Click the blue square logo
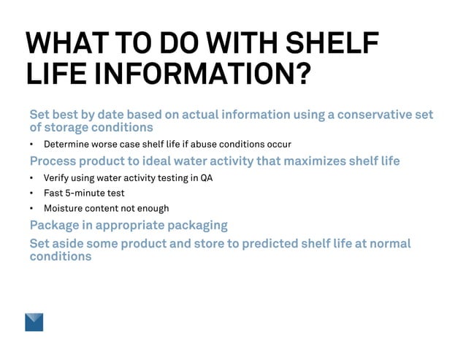[34, 322]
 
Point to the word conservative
[368, 115]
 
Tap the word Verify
[57, 177]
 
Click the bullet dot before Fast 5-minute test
[32, 194]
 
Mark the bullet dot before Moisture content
[32, 209]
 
